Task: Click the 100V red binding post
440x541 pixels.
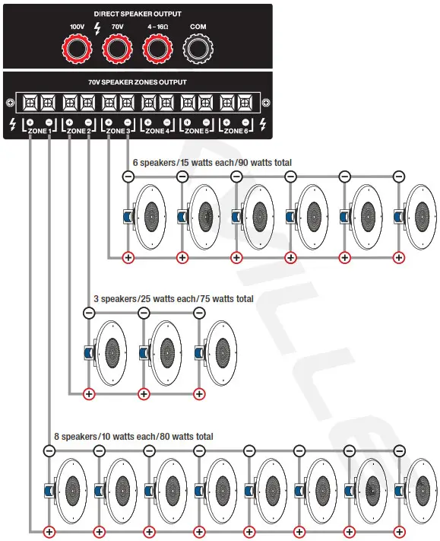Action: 77,50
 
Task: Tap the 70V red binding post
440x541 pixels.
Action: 116,50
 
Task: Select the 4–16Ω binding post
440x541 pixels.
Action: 157,50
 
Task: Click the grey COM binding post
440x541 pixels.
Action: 198,50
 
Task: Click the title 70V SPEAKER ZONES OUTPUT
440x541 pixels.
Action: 137,82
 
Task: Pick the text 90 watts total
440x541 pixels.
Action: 266,163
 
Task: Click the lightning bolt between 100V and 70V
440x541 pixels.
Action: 97,28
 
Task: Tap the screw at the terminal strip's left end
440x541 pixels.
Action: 9,103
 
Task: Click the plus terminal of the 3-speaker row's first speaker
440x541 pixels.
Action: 89,394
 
